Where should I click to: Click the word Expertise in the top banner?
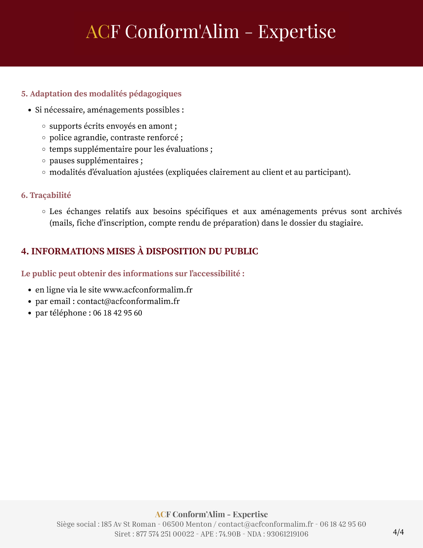coord(297,32)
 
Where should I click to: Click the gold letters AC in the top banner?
coord(98,32)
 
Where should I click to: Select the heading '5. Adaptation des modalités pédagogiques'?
coord(101,94)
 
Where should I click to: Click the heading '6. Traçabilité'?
coord(46,195)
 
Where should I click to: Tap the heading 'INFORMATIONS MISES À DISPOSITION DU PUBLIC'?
coord(145,251)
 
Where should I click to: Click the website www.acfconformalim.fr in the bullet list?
coord(148,290)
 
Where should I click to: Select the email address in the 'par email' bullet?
coord(128,301)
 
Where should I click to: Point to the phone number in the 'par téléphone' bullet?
coord(117,313)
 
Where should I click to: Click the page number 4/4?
coord(398,532)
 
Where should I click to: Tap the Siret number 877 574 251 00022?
coord(165,534)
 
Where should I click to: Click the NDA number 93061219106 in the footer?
coord(287,534)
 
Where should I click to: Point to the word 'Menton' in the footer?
coord(198,524)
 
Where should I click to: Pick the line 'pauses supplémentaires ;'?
coord(96,161)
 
